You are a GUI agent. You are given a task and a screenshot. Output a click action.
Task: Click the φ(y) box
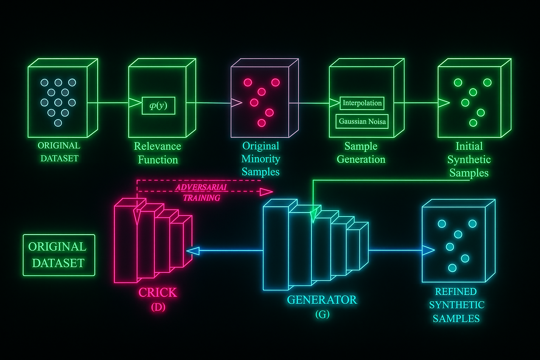coord(158,105)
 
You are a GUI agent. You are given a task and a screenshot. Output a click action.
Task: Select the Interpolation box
coord(362,103)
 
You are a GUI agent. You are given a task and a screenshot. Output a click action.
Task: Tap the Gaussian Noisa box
coord(362,122)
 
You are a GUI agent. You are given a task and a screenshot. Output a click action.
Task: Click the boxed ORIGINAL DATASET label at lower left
coord(59,255)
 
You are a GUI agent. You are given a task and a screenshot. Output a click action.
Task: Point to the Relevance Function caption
coord(157,153)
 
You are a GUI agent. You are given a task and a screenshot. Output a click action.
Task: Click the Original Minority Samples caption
coord(261,159)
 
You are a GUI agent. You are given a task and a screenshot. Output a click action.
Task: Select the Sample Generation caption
coord(361,153)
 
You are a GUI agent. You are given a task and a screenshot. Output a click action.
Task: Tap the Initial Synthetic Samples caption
coord(469,160)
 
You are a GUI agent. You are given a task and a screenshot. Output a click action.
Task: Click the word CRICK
coord(157,292)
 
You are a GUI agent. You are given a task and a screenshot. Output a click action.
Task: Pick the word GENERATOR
coord(322,300)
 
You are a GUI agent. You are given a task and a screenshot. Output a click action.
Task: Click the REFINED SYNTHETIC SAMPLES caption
coord(456,305)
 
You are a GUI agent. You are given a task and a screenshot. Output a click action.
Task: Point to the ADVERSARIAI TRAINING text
coord(201,192)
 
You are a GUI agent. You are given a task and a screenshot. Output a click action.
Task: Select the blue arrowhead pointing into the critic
coord(193,251)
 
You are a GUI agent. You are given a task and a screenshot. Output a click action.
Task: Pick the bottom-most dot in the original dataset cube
coord(58,123)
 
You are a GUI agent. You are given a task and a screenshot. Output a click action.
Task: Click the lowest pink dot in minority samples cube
coord(261,123)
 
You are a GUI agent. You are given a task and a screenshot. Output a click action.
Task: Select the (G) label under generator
coord(322,314)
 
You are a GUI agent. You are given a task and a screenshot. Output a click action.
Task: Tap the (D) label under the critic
coord(158,307)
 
